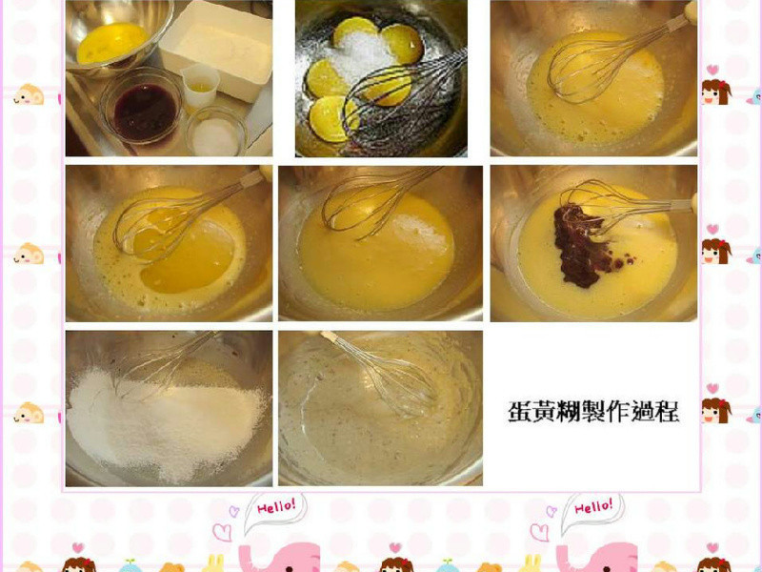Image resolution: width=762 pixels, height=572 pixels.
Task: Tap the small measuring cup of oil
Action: pyautogui.click(x=200, y=86)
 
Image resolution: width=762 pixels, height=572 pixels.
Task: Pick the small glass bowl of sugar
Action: pyautogui.click(x=216, y=133)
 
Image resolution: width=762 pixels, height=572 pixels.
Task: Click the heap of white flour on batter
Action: pyautogui.click(x=162, y=419)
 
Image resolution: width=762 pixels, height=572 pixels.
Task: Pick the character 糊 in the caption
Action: pyautogui.click(x=570, y=411)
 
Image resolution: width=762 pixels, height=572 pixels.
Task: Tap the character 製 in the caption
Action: pyautogui.click(x=594, y=411)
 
